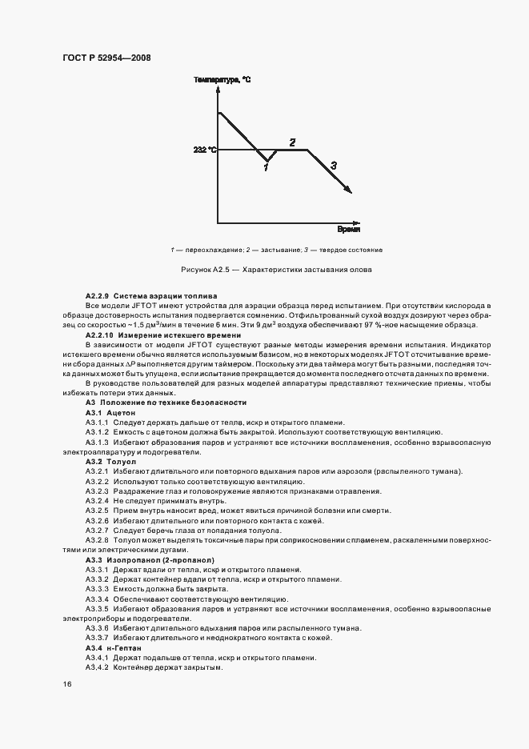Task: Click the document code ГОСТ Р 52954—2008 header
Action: point(106,58)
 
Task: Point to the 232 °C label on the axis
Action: point(204,150)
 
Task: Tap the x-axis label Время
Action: point(348,229)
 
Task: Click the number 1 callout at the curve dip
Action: point(266,166)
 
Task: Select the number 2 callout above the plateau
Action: point(292,142)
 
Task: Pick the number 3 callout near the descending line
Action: point(334,165)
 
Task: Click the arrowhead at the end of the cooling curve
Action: point(348,189)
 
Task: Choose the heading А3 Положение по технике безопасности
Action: point(166,403)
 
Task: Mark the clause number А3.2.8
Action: point(97,540)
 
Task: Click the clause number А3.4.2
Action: point(97,667)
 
